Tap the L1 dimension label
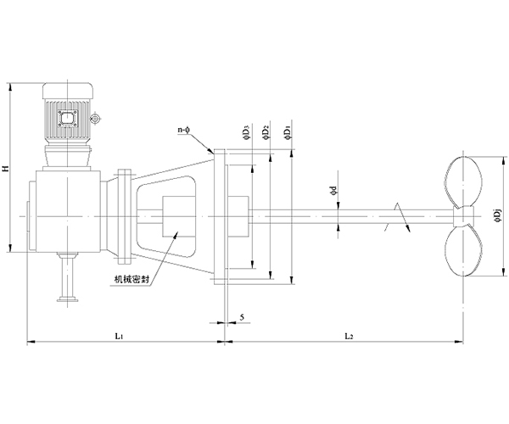pyautogui.click(x=119, y=336)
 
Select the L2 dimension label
pyautogui.click(x=349, y=336)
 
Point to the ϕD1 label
pyautogui.click(x=288, y=134)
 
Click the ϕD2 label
pyautogui.click(x=266, y=134)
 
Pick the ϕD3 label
pyautogui.click(x=247, y=134)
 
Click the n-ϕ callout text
pyautogui.click(x=184, y=130)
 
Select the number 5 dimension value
pyautogui.click(x=242, y=317)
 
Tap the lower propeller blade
pyautogui.click(x=462, y=250)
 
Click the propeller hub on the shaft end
pyautogui.click(x=463, y=216)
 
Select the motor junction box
pyautogui.click(x=68, y=120)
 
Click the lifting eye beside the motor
pyautogui.click(x=95, y=119)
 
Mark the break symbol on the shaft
pyautogui.click(x=398, y=217)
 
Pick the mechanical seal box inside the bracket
pyautogui.click(x=179, y=216)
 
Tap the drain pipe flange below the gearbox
pyautogui.click(x=68, y=299)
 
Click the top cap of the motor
pyautogui.click(x=68, y=91)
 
